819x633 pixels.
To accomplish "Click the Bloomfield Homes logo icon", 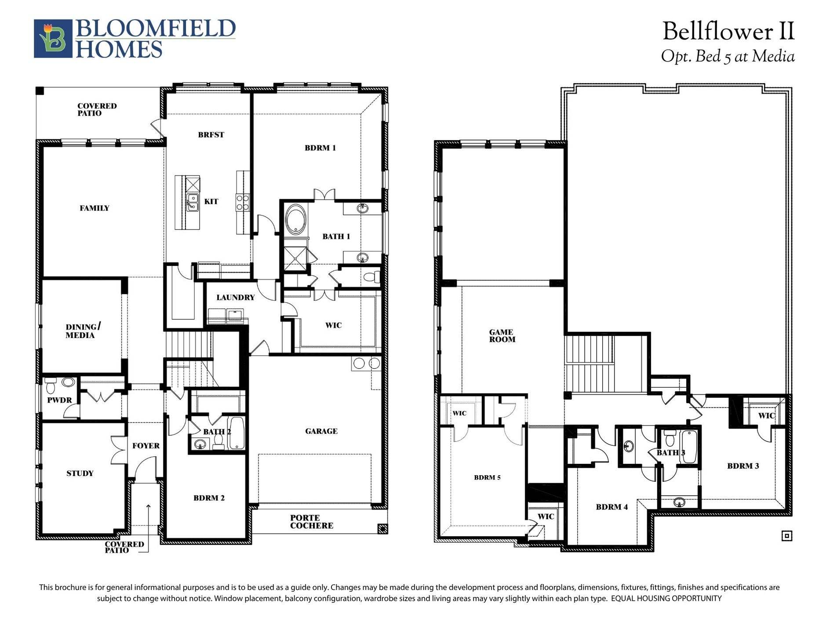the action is click(53, 38).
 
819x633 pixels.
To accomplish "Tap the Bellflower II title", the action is click(728, 32).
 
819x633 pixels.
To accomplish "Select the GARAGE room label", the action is click(321, 431).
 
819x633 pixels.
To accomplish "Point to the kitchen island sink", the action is click(192, 202).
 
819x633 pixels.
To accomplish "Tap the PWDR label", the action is click(59, 400).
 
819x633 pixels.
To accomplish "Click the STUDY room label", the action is click(80, 473).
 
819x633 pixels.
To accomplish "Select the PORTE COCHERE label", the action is click(312, 522).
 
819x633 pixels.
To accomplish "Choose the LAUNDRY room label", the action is click(236, 298).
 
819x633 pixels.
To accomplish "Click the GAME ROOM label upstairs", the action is click(502, 336).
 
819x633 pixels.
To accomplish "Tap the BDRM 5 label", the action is click(487, 477).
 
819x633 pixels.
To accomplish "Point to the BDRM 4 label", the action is click(612, 507).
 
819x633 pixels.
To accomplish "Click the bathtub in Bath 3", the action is click(688, 447).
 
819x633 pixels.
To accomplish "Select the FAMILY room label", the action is click(95, 208).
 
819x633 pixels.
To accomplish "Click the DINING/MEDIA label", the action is click(83, 331).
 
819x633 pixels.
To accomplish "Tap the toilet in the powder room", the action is click(50, 386).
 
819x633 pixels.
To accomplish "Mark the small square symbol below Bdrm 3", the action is click(787, 535).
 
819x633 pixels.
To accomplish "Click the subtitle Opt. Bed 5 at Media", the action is click(728, 56).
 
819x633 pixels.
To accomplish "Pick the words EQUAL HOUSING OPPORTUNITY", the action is click(666, 598).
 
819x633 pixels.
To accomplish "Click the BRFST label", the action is click(211, 135).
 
